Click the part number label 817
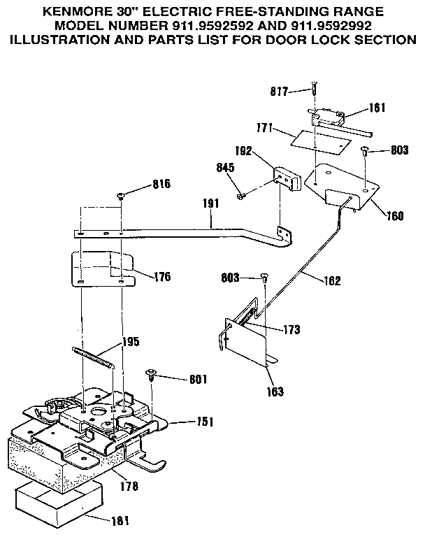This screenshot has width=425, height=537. pyautogui.click(x=280, y=91)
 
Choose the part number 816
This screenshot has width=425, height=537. pyautogui.click(x=161, y=185)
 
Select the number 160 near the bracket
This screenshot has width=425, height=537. pyautogui.click(x=394, y=216)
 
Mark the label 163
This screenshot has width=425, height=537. pyautogui.click(x=275, y=392)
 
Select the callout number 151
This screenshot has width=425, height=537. pyautogui.click(x=205, y=422)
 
